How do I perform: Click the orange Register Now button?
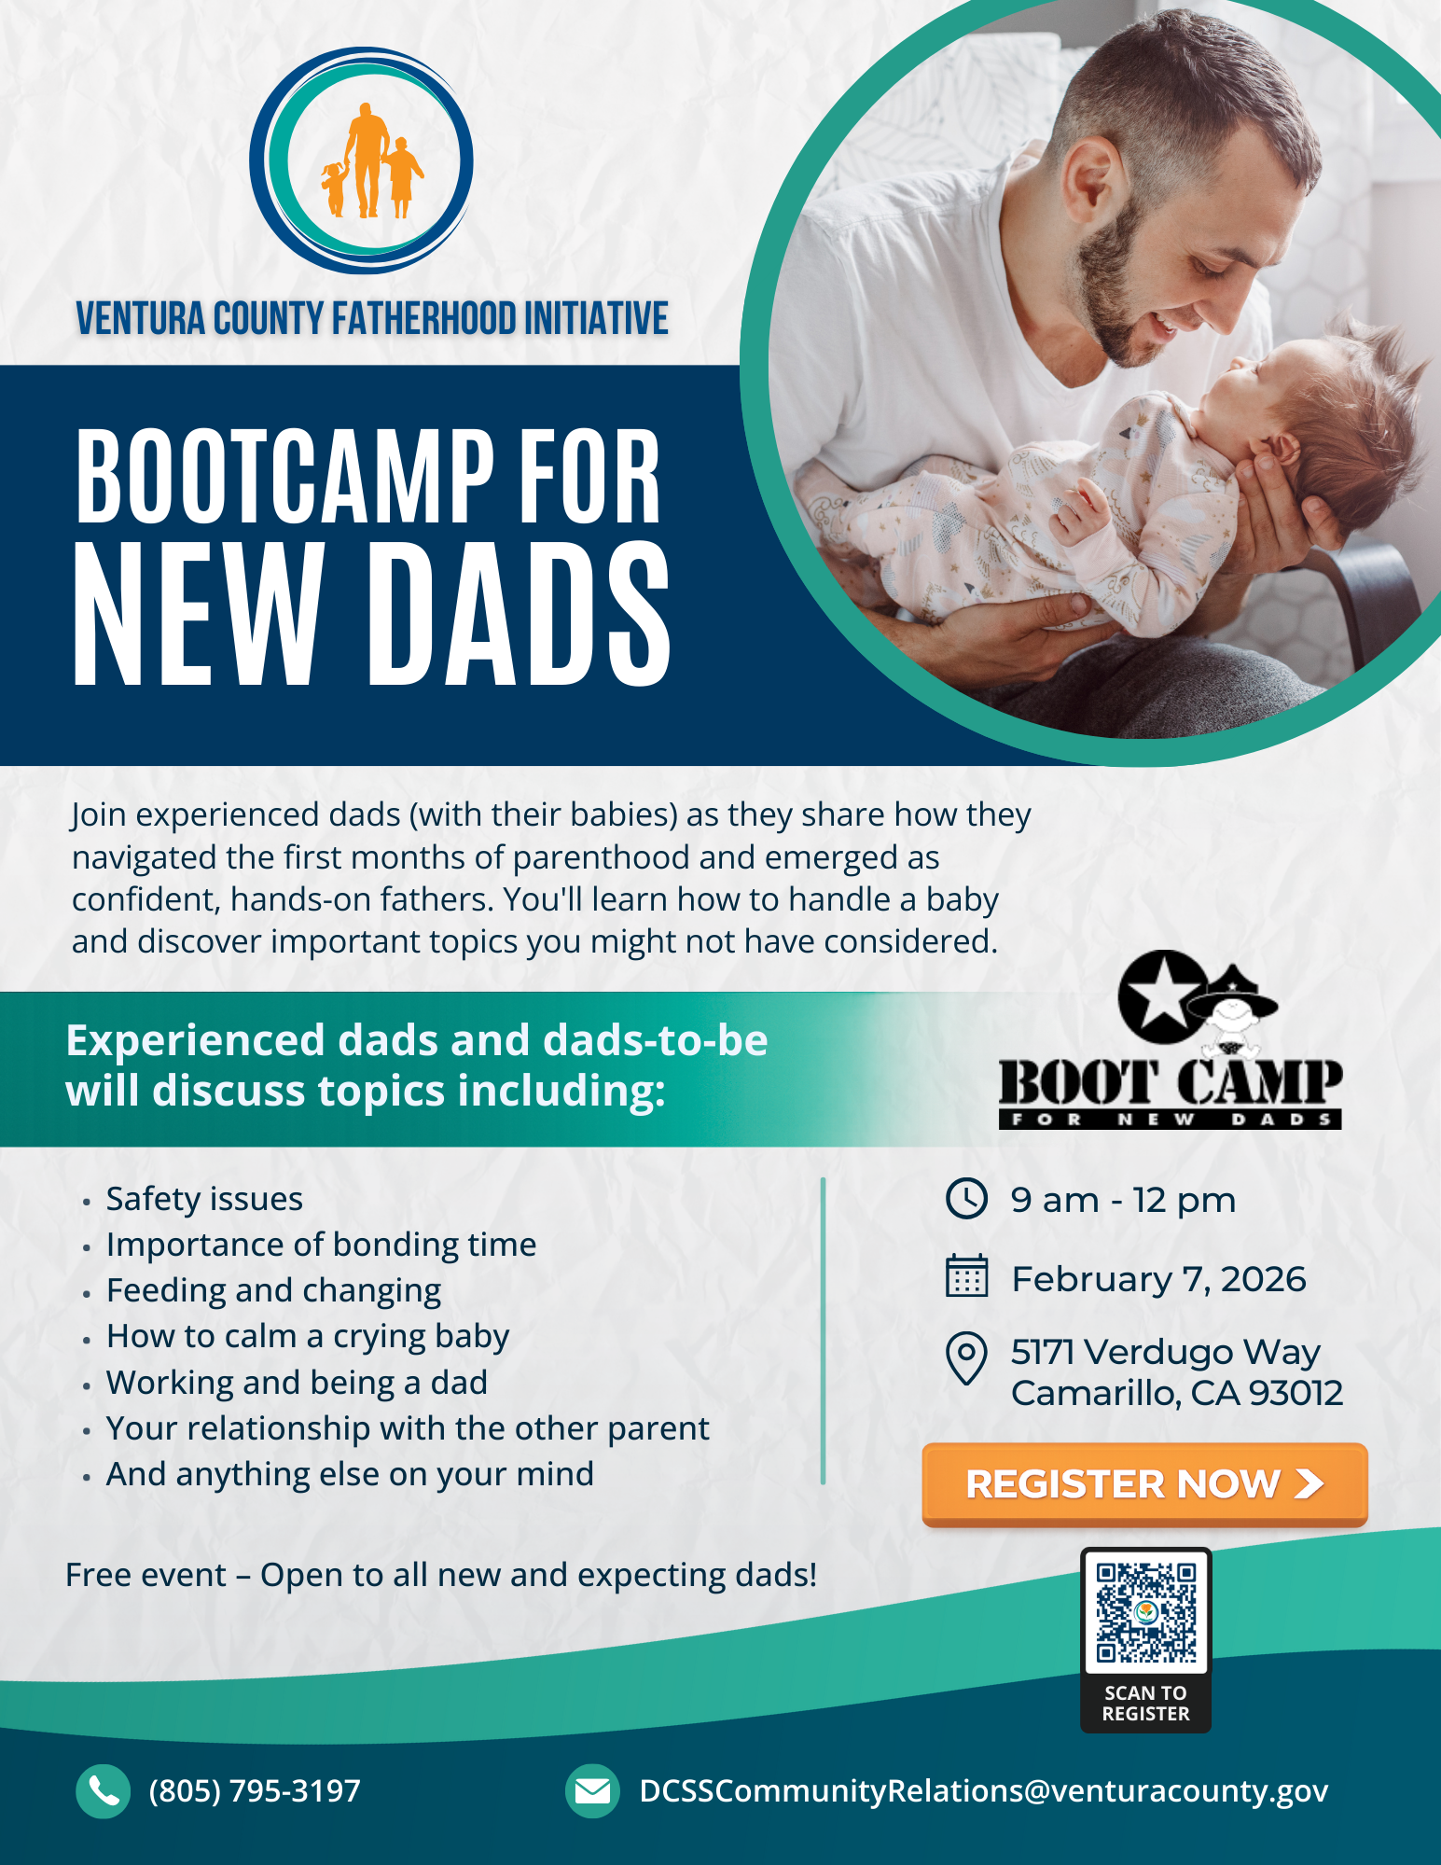1144,1483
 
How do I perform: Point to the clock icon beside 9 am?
966,1199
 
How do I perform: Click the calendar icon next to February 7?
966,1276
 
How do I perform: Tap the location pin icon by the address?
966,1357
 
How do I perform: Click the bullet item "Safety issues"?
204,1199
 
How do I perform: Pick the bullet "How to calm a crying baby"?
308,1337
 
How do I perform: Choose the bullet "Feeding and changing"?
273,1291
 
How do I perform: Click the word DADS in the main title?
520,616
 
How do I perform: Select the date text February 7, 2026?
1159,1279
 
